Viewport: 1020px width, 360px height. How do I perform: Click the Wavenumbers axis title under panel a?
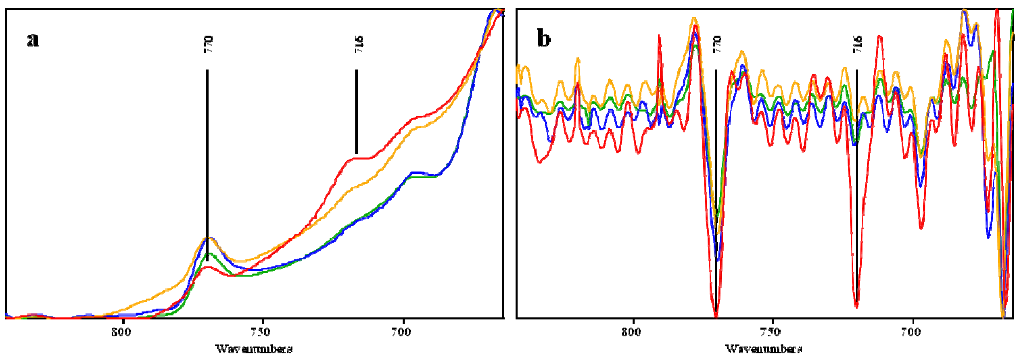click(x=254, y=349)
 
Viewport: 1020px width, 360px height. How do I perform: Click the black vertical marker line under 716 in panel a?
click(x=356, y=111)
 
